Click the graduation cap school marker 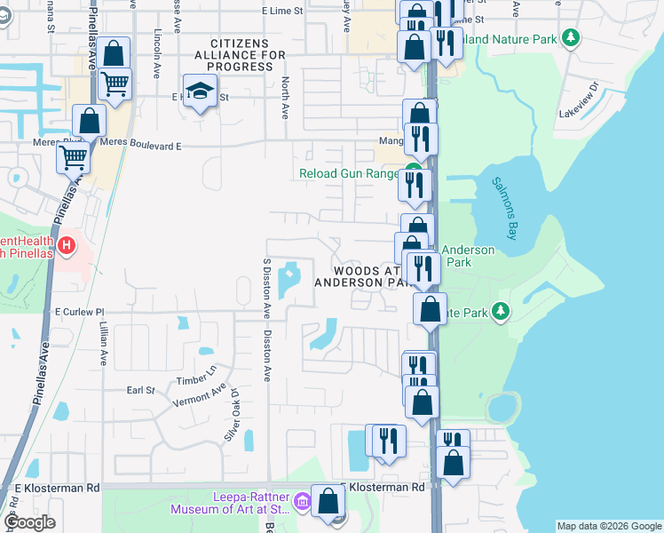(x=200, y=90)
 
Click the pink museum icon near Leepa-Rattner (x=302, y=504)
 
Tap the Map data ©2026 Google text (x=609, y=526)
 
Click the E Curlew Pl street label (x=80, y=312)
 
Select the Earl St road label (x=140, y=389)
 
